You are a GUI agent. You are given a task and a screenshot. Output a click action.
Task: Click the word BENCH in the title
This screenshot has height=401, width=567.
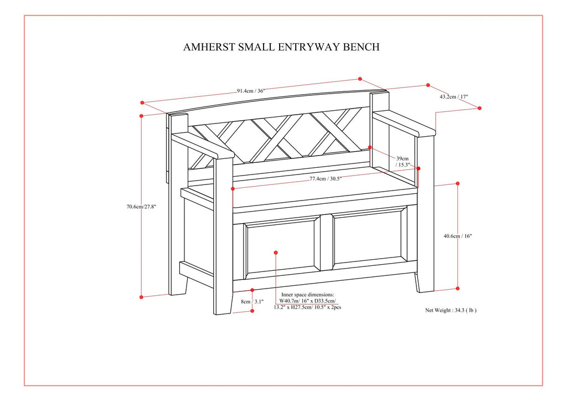(362, 47)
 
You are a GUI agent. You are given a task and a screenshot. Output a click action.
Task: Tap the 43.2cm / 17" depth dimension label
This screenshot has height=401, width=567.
(453, 96)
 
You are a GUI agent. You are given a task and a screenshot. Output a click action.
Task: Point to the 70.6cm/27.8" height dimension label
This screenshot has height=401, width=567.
(141, 207)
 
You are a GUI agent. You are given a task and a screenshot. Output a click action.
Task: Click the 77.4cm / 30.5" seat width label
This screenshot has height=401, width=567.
(326, 179)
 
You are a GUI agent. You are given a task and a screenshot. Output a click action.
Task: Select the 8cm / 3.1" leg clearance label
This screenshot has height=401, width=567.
(252, 302)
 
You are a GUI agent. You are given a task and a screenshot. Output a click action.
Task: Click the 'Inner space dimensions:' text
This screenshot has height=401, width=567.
(307, 295)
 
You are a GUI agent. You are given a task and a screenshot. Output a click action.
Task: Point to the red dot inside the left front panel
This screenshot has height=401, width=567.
(276, 253)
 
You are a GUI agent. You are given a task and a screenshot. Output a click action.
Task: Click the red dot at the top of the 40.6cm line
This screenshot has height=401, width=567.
(458, 183)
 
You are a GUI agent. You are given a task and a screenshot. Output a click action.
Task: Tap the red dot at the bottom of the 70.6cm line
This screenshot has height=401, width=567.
(142, 297)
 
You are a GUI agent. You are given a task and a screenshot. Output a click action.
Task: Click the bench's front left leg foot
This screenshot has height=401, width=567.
(223, 307)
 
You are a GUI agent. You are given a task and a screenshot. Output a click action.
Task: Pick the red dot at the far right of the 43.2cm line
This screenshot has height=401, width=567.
(480, 109)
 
